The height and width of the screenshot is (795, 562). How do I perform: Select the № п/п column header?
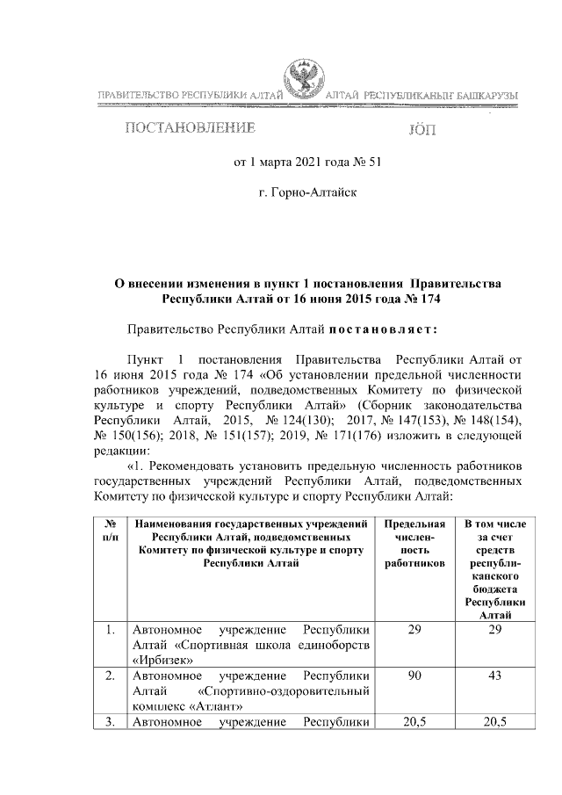click(x=110, y=530)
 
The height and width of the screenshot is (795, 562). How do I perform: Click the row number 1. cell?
click(x=110, y=630)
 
